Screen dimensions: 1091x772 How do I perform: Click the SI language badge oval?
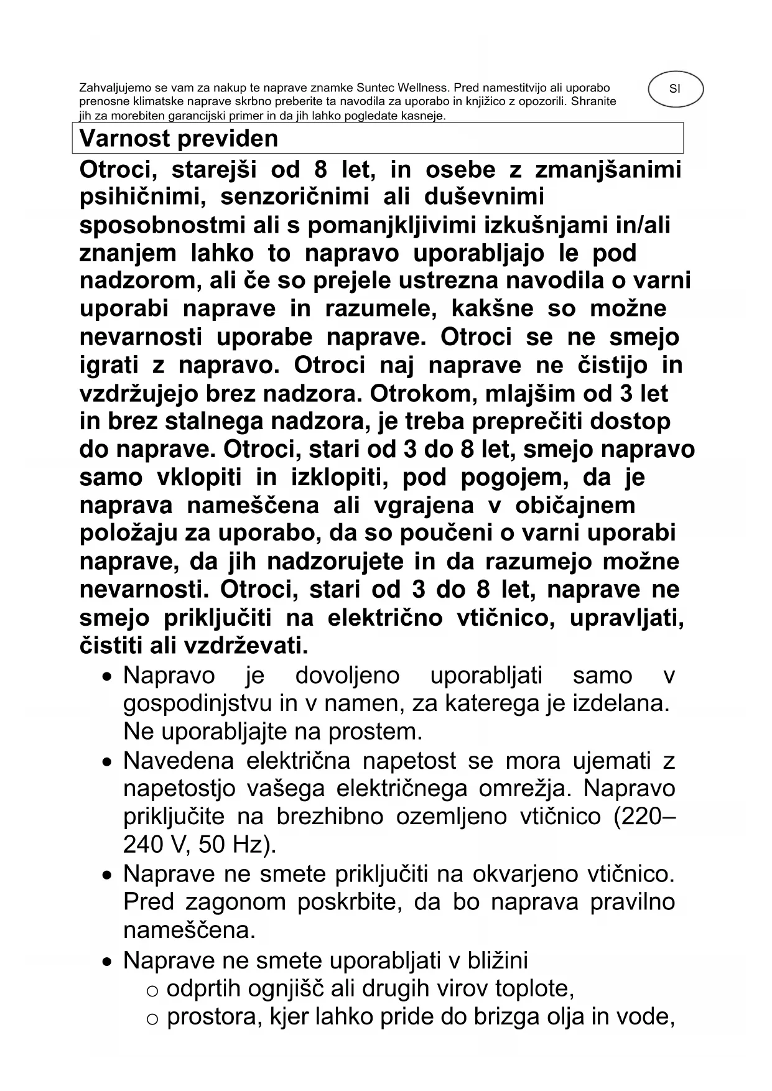tap(675, 89)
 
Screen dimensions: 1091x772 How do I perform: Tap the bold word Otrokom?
tap(420, 393)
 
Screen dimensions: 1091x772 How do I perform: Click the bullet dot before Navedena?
tap(108, 762)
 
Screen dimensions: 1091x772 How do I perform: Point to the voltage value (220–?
tap(644, 816)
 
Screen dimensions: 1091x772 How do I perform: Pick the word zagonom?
tap(236, 901)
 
